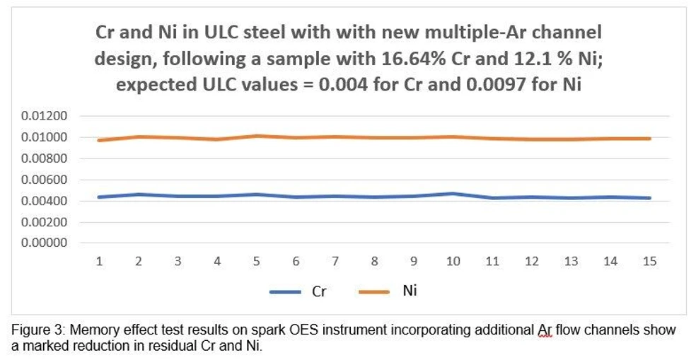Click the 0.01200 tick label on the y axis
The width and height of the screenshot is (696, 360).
coord(44,116)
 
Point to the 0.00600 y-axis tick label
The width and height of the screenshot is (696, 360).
coord(44,180)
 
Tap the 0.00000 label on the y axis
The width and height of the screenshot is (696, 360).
coord(44,243)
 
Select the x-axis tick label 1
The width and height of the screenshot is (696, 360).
coord(99,262)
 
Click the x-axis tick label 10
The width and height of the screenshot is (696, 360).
coord(453,262)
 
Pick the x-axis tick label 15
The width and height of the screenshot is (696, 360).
coord(649,262)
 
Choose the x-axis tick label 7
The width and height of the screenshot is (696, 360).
coord(335,262)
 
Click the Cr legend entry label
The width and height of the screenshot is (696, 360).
coord(319,291)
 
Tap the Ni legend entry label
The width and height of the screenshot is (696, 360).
coord(410,291)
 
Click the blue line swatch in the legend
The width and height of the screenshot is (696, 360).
coord(285,292)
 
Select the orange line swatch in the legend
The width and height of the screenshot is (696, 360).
coord(373,292)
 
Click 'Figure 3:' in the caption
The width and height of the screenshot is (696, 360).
coord(38,331)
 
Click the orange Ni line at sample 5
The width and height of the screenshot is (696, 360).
coord(256,136)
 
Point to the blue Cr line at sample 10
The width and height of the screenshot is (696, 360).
coord(453,194)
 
